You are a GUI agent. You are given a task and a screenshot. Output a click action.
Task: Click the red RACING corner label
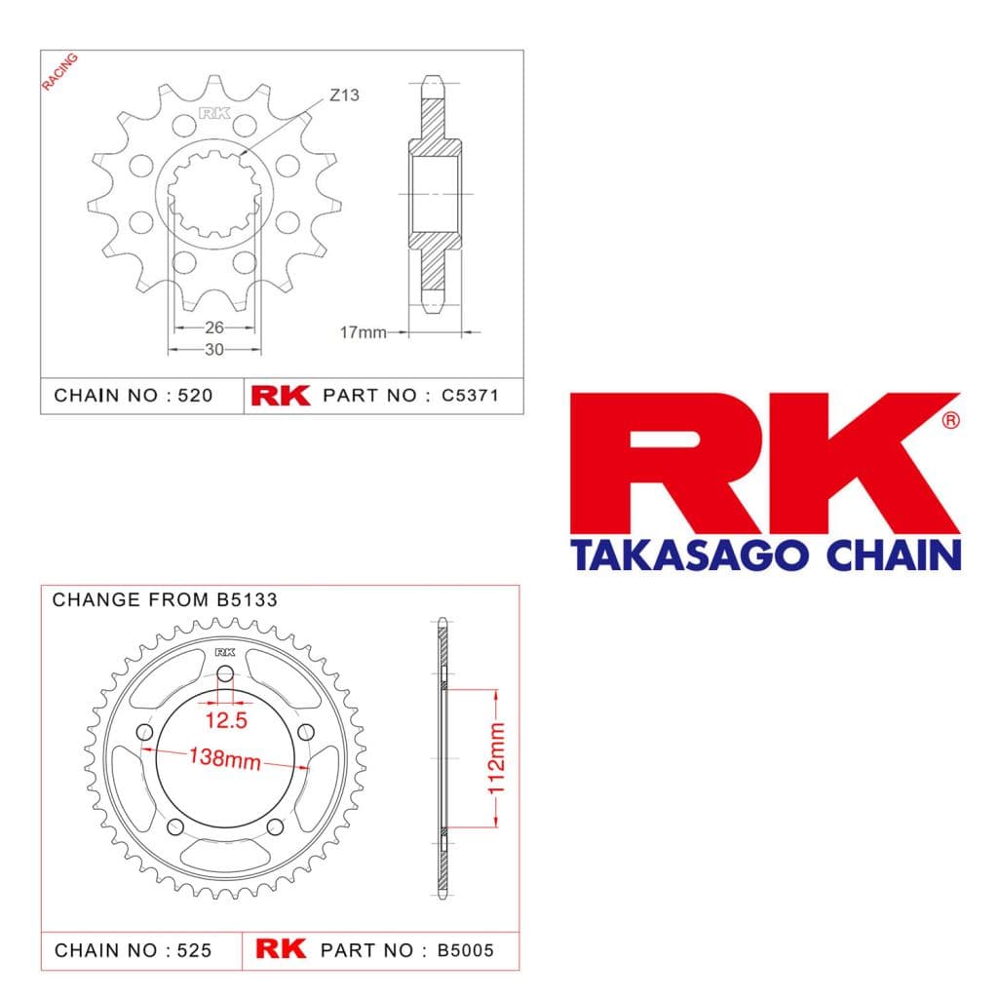(60, 72)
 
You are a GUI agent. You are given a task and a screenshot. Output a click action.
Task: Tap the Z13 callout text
(344, 96)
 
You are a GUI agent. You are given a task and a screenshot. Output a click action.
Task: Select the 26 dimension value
(213, 327)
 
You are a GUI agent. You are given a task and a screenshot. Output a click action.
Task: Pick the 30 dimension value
(213, 350)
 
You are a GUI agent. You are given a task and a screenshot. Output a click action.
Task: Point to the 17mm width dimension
(363, 332)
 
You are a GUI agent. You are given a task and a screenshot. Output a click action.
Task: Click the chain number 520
(195, 396)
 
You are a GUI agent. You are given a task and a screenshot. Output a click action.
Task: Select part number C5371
(470, 396)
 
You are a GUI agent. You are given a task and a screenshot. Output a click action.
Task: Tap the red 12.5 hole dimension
(226, 720)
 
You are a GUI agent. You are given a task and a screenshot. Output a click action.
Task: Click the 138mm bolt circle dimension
(225, 758)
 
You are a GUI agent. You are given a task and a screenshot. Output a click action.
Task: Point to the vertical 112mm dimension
(496, 758)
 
